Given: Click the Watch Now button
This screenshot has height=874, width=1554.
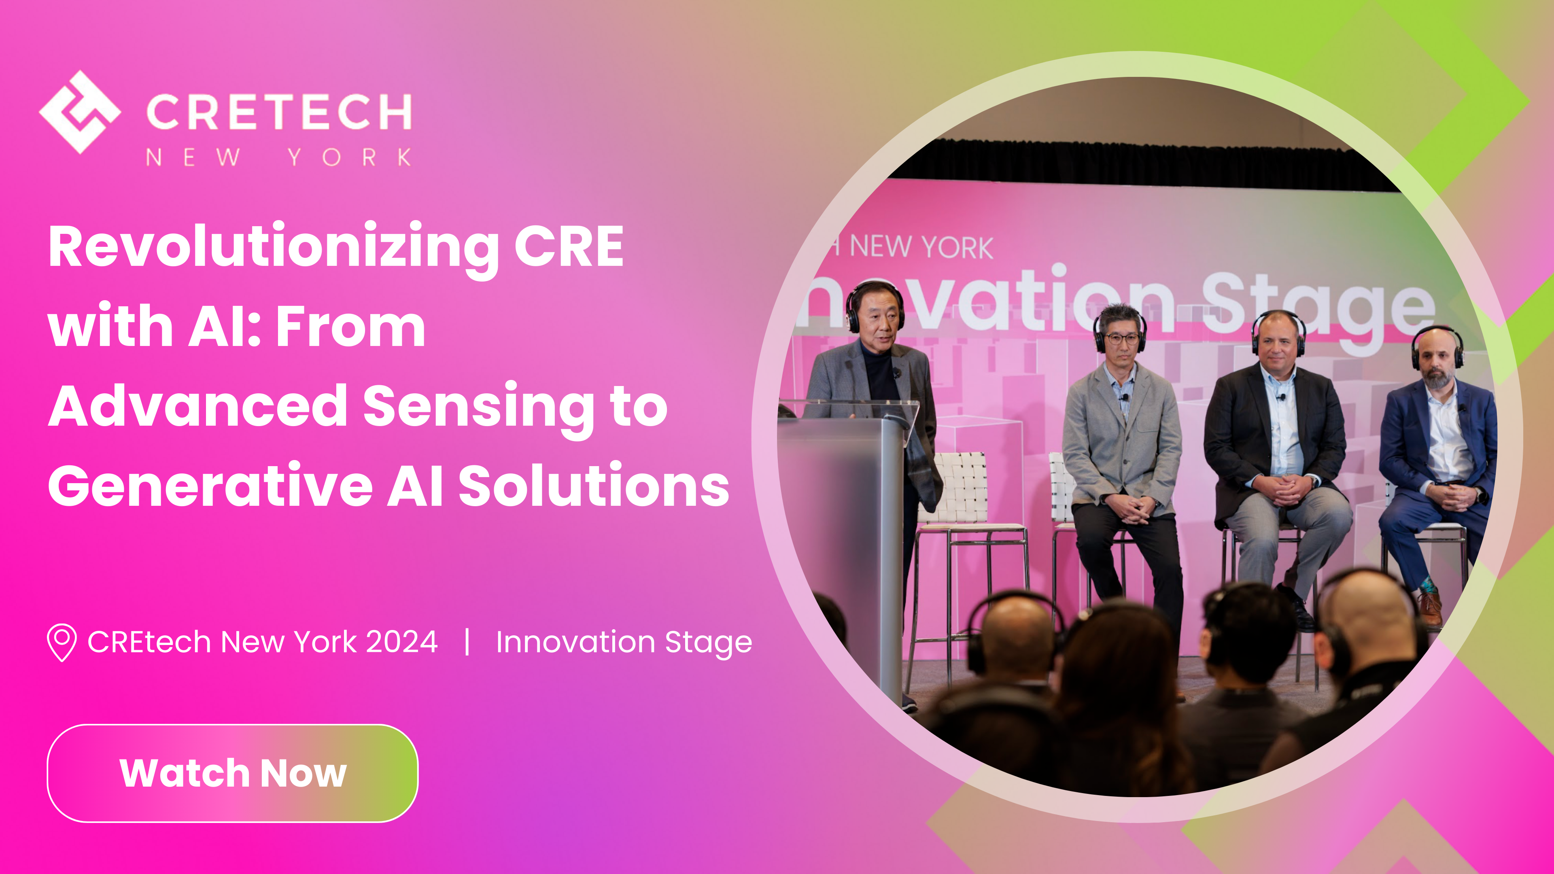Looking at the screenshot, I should pyautogui.click(x=233, y=773).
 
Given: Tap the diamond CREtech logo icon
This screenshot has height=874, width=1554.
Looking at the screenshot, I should pyautogui.click(x=80, y=112).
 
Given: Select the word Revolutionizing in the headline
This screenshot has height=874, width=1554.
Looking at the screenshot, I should pyautogui.click(x=273, y=247).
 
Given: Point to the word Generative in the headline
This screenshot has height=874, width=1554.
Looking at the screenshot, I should pyautogui.click(x=210, y=486).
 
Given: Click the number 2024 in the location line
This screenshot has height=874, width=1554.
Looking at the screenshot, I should pyautogui.click(x=402, y=641).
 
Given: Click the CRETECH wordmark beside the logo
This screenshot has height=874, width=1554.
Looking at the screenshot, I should pyautogui.click(x=279, y=112).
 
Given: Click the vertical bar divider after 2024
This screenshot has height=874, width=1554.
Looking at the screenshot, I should pyautogui.click(x=467, y=641).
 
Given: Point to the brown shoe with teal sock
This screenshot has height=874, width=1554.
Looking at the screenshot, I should pyautogui.click(x=1430, y=606).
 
